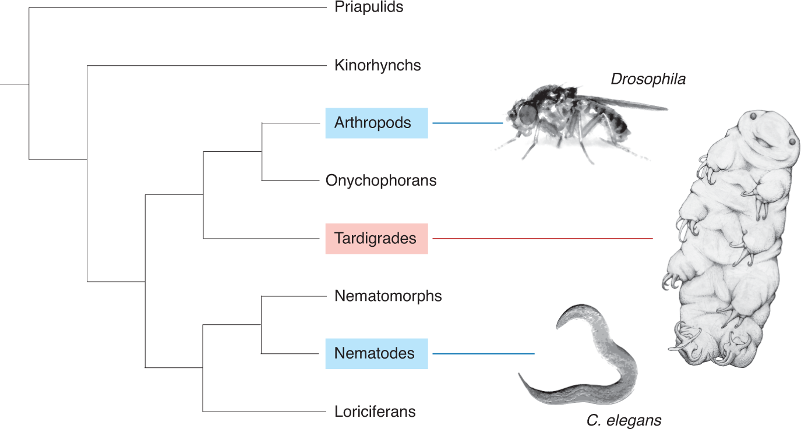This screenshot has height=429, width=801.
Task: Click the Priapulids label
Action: point(369,8)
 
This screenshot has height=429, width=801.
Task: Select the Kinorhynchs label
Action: point(377,65)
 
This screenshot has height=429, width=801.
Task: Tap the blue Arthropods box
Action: point(376,123)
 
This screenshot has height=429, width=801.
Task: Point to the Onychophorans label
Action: point(381,180)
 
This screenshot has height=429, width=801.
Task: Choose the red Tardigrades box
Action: point(376,239)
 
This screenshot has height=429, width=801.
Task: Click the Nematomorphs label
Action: point(388,296)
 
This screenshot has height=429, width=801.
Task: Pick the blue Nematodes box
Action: point(376,353)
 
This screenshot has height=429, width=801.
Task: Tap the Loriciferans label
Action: point(375,412)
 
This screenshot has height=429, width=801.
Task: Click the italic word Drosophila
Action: point(648,79)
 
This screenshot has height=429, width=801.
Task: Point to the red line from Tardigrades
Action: point(542,239)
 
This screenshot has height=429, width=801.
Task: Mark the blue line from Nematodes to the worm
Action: point(484,354)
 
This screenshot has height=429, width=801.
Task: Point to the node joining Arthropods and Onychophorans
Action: point(262,151)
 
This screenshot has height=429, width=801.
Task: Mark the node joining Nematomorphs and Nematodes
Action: point(262,325)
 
